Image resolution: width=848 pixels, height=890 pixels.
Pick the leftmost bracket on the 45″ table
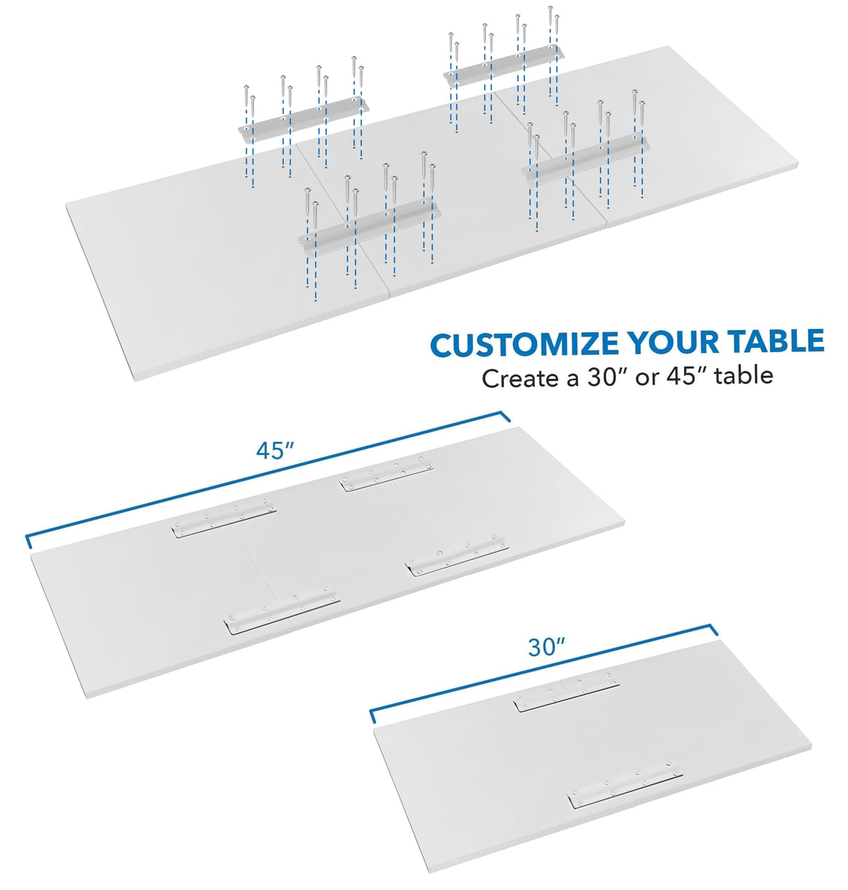(x=223, y=519)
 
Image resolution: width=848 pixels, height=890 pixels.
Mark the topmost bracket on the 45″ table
(x=386, y=474)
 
